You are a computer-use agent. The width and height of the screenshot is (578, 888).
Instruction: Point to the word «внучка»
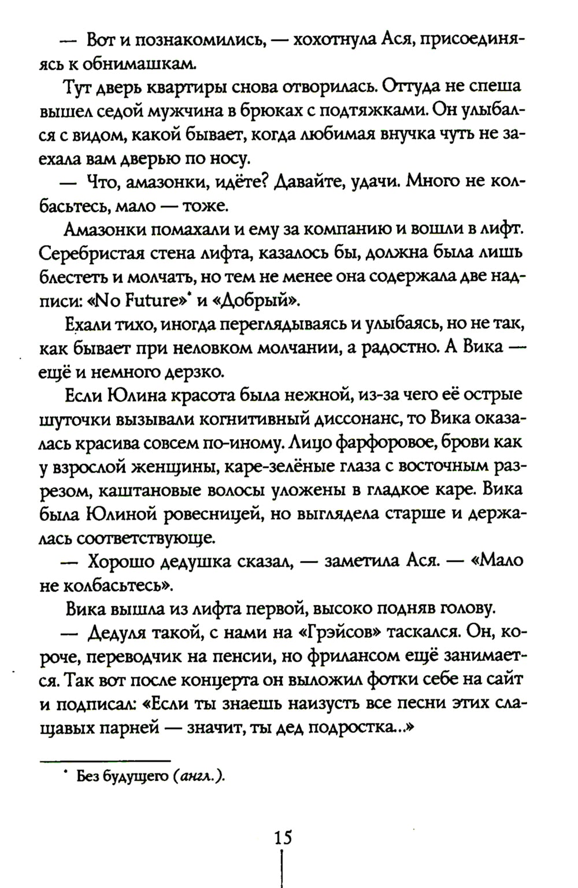click(412, 133)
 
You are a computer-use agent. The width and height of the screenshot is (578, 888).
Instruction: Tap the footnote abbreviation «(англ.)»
click(198, 777)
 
